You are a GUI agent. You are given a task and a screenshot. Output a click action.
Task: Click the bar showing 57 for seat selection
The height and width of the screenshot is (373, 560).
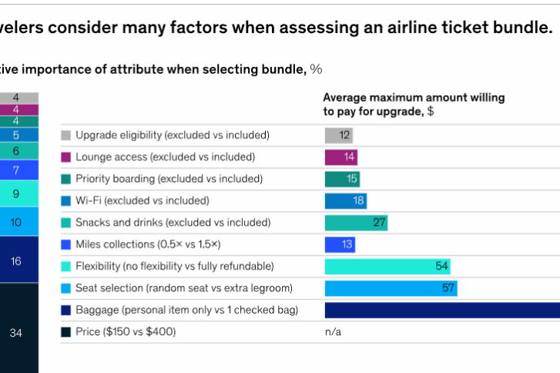[x=391, y=288]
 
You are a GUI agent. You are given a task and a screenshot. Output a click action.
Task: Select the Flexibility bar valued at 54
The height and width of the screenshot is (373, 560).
[x=387, y=267]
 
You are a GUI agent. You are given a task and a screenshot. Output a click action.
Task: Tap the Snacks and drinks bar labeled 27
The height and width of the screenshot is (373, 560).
[x=356, y=223]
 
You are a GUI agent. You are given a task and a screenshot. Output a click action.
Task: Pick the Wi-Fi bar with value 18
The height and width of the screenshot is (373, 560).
[x=345, y=201]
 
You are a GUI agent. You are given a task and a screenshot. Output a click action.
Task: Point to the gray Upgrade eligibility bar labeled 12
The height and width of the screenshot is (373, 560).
[x=339, y=136]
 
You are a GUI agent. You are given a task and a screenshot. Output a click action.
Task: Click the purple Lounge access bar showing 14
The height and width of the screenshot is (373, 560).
[x=341, y=157]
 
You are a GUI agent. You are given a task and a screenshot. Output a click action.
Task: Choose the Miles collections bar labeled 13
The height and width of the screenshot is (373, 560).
[x=340, y=244]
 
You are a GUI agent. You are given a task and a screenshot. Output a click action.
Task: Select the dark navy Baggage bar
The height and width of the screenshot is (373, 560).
[x=442, y=310]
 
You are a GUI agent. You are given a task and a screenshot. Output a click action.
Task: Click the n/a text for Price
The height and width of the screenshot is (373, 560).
[x=333, y=332]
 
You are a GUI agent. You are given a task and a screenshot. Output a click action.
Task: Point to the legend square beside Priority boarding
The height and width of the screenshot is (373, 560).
[x=66, y=179]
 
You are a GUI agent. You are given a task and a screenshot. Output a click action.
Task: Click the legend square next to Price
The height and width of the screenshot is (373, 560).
[x=66, y=332]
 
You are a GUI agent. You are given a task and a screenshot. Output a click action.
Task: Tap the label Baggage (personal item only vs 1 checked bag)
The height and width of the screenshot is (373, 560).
[x=187, y=310]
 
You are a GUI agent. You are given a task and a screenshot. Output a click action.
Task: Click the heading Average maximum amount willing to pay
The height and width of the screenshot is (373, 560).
[x=414, y=104]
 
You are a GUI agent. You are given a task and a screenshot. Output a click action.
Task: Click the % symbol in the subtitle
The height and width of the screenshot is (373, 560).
[x=316, y=69]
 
